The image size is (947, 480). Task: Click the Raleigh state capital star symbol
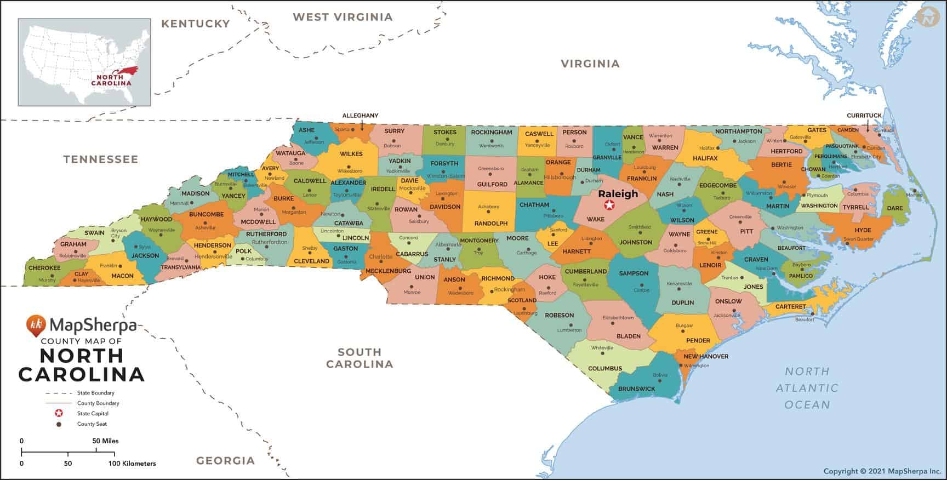[x=608, y=205]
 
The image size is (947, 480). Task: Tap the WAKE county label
[x=595, y=219]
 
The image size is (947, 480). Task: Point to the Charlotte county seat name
[x=380, y=256]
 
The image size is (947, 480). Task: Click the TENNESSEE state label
[x=100, y=159]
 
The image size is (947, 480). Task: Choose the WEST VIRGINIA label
[x=343, y=17]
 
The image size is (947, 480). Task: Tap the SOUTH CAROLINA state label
[x=360, y=358]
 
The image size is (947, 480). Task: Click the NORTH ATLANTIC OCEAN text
[x=807, y=388]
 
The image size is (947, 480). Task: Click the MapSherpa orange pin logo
[x=36, y=325]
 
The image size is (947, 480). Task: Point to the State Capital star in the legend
[x=59, y=414]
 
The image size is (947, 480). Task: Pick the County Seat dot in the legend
[x=59, y=424]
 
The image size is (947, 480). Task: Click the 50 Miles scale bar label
[x=105, y=441]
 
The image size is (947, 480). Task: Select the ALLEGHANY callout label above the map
[x=360, y=116]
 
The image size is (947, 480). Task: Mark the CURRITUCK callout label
[x=864, y=116]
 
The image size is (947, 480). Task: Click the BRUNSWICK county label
[x=636, y=388]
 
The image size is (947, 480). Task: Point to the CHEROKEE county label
[x=44, y=268]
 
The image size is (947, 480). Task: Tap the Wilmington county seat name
[x=696, y=365]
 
